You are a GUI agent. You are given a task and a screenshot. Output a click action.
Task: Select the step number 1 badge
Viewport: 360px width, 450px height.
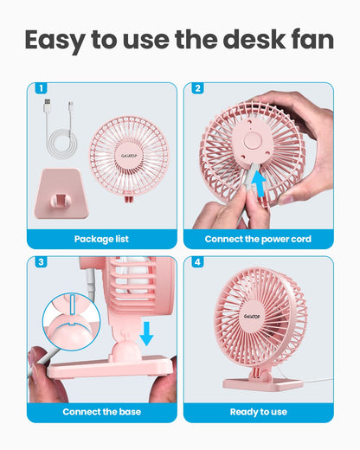coord(40,88)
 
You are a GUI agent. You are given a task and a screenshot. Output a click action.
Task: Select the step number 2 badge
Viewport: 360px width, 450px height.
coord(197,88)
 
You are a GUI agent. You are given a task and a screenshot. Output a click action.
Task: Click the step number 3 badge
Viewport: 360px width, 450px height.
coord(40,262)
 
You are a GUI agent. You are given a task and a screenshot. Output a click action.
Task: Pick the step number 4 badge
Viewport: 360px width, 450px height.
coord(197,262)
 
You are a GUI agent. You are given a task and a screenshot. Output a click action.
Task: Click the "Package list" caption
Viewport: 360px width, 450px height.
coord(101,239)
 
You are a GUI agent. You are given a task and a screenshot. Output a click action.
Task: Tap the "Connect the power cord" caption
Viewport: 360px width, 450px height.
coord(258,239)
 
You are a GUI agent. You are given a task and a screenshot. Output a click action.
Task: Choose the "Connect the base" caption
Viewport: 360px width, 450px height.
coord(101,412)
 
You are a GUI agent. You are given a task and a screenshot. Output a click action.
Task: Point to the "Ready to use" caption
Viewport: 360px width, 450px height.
coord(258,412)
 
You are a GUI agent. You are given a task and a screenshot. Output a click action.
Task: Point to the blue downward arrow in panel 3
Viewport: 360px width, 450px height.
coord(147,331)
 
